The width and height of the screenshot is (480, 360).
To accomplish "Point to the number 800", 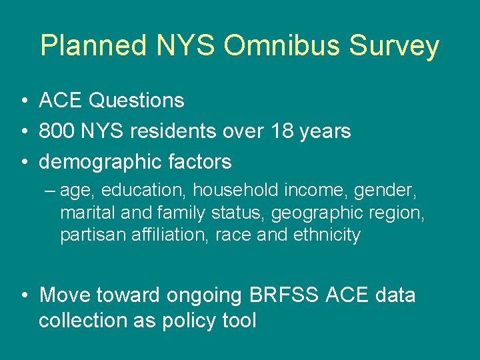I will [x=57, y=131].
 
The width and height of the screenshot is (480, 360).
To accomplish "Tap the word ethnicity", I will [x=327, y=235].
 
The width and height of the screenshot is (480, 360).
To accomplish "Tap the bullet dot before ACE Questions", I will [x=23, y=101].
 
